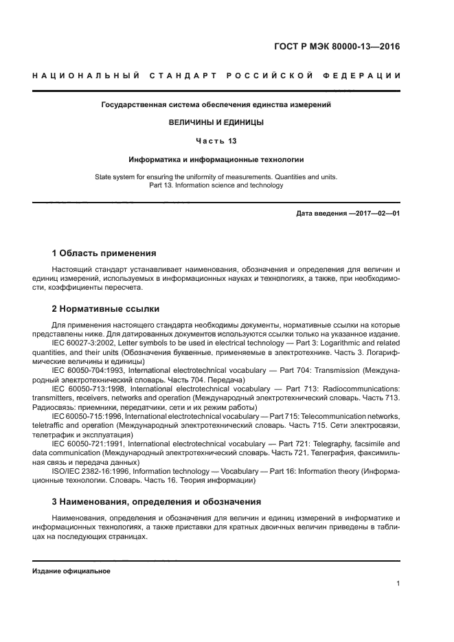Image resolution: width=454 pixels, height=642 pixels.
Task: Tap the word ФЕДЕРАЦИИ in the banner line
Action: (365, 75)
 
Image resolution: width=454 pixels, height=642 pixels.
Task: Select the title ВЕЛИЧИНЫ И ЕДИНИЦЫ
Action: (216, 122)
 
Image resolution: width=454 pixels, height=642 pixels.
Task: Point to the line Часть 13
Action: (216, 140)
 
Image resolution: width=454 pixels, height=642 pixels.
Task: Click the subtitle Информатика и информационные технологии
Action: (216, 159)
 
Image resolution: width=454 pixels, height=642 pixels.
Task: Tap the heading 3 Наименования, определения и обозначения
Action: (156, 501)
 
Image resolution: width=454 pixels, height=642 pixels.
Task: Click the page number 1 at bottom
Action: (398, 584)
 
